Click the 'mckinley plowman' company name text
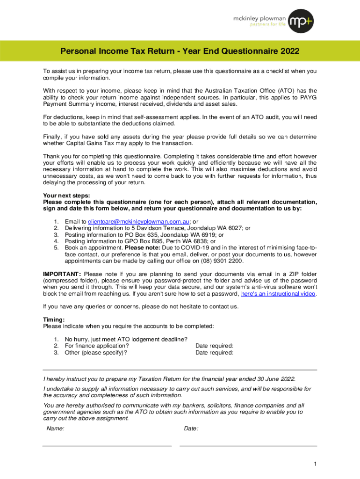pos(260,17)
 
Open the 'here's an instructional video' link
pos(278,294)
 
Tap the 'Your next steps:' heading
pos(66,196)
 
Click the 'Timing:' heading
pos(54,319)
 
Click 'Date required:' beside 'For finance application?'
pos(214,346)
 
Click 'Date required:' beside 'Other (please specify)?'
pos(214,353)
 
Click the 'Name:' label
pos(56,428)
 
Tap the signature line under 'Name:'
pos(107,445)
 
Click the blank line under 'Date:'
pos(248,445)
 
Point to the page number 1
pos(316,464)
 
